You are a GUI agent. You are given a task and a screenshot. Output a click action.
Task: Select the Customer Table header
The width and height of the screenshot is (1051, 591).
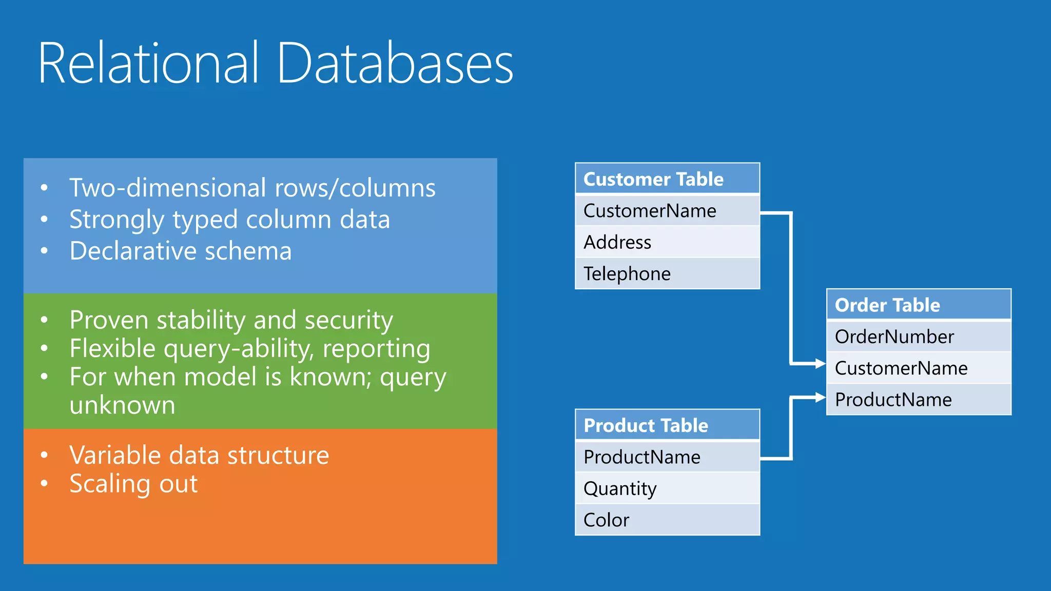pyautogui.click(x=667, y=179)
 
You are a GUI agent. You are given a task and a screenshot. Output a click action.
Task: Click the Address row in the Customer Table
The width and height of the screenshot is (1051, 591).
pyautogui.click(x=667, y=242)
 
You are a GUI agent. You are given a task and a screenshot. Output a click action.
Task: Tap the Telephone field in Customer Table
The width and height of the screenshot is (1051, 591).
pyautogui.click(x=667, y=273)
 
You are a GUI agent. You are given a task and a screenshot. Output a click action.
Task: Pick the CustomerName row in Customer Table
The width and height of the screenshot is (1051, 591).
pyautogui.click(x=667, y=211)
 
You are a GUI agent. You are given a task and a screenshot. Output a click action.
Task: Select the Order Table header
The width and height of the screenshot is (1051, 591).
pyautogui.click(x=919, y=305)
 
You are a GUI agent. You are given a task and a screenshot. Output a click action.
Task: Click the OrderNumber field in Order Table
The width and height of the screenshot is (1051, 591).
pyautogui.click(x=919, y=337)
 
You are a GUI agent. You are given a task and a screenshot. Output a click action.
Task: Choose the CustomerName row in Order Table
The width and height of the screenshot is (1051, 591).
pyautogui.click(x=919, y=368)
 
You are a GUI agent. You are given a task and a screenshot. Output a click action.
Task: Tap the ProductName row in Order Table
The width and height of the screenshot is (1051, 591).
pyautogui.click(x=919, y=400)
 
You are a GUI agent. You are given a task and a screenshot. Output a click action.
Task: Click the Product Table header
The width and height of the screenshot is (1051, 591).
pyautogui.click(x=667, y=425)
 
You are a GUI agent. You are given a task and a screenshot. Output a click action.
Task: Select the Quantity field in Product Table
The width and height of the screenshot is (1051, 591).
pyautogui.click(x=667, y=488)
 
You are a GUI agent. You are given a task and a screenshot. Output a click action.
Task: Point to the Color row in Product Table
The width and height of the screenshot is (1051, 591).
pyautogui.click(x=667, y=520)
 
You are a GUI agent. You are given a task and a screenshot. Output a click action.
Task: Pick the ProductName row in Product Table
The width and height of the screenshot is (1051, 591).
pyautogui.click(x=667, y=457)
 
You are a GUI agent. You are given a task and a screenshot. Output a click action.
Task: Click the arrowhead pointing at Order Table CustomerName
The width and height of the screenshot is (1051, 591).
pyautogui.click(x=820, y=364)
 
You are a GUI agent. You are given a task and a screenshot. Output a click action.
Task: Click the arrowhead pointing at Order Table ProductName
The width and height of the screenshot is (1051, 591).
pyautogui.click(x=820, y=397)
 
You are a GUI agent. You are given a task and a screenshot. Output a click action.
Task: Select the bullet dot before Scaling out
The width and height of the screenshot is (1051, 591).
pyautogui.click(x=45, y=483)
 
